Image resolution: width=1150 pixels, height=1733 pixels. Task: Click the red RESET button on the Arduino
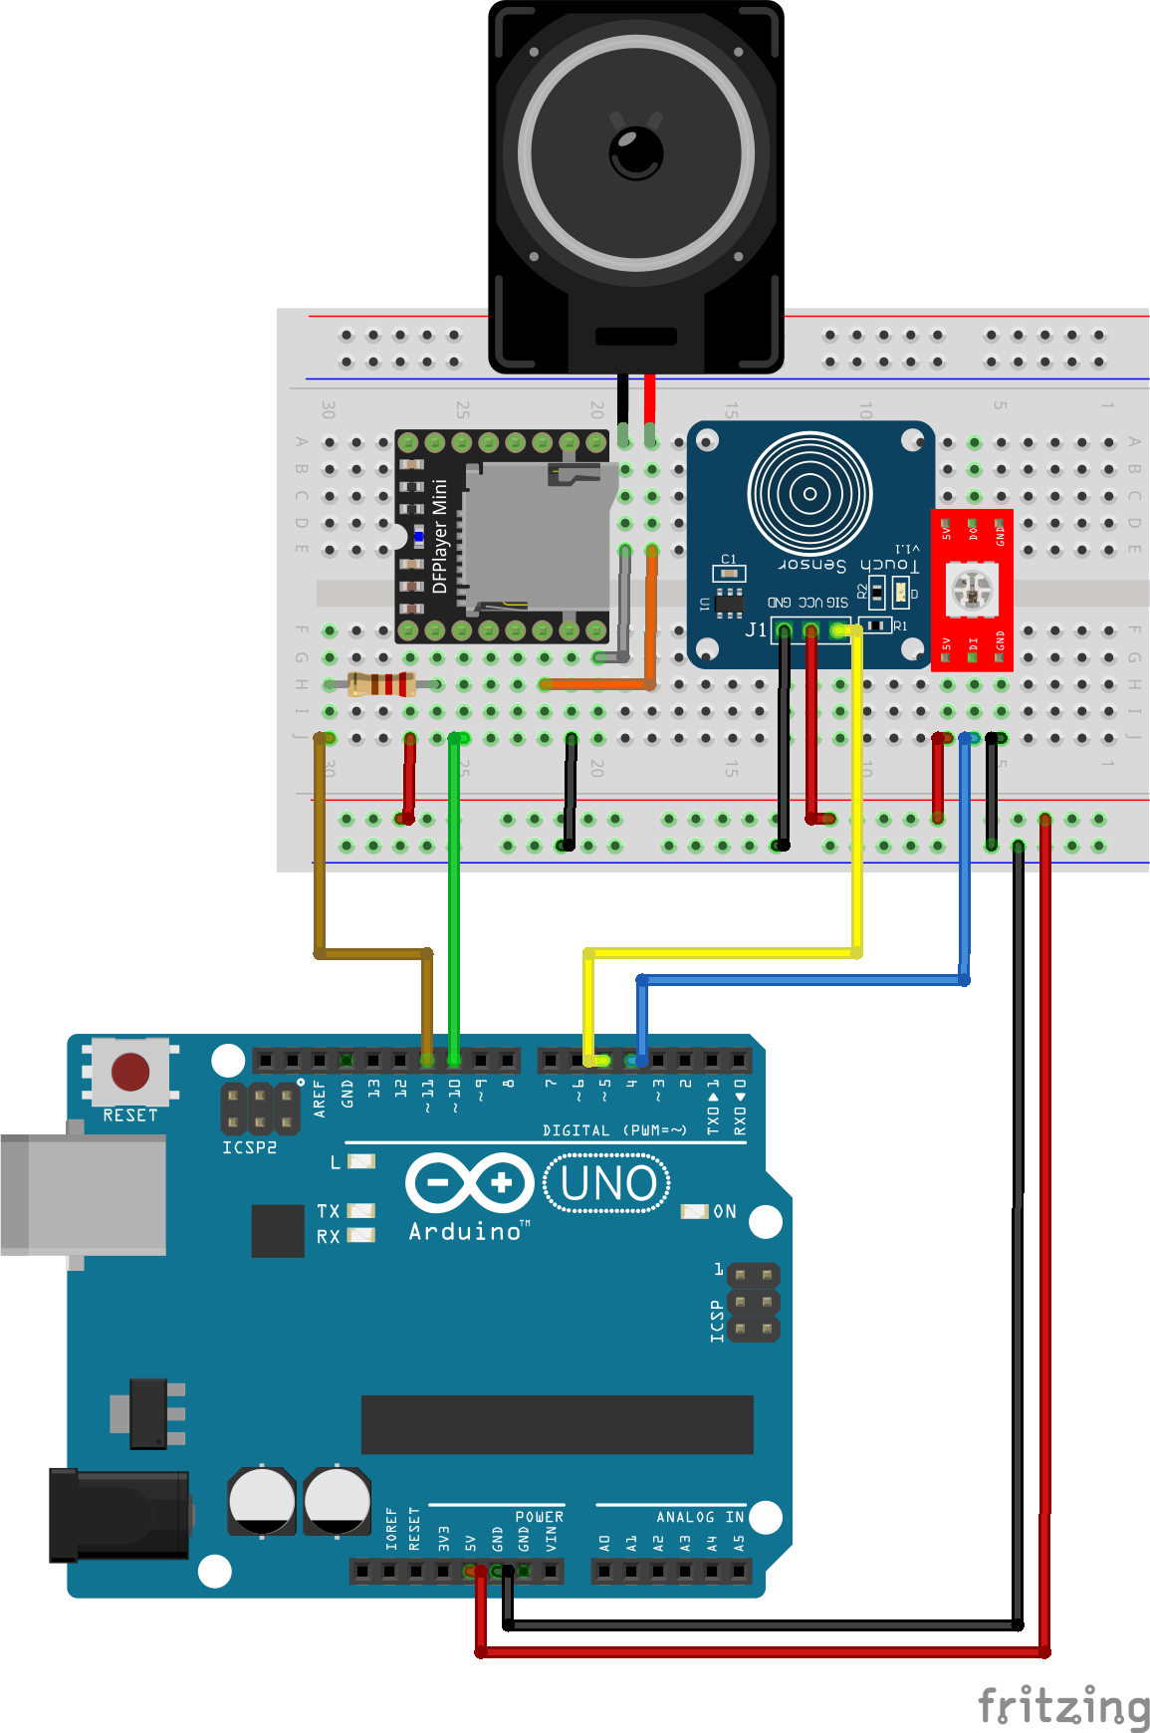point(130,1072)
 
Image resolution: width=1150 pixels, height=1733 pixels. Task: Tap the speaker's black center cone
point(636,152)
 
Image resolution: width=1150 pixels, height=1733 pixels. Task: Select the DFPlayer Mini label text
point(440,536)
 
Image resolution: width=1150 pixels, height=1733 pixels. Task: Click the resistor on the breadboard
point(381,684)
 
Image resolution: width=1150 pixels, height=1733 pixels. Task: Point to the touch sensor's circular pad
point(809,493)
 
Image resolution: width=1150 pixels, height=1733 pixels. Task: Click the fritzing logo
point(1063,1707)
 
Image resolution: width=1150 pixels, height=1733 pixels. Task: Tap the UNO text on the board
point(608,1183)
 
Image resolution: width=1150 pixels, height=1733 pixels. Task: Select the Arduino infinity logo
point(469,1183)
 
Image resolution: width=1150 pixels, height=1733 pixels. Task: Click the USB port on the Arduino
point(84,1195)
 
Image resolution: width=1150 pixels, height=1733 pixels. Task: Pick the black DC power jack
point(119,1514)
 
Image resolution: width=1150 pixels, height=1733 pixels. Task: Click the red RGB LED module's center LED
point(973,590)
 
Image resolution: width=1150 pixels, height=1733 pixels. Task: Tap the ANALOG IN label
point(700,1517)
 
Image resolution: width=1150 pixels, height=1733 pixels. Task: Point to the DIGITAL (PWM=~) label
point(614,1130)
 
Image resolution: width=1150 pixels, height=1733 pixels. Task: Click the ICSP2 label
point(249,1147)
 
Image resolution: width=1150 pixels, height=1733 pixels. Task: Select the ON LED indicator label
point(725,1212)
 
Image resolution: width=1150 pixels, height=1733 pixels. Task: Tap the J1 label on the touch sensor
point(756,629)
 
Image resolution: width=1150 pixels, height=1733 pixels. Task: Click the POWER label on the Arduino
point(539,1517)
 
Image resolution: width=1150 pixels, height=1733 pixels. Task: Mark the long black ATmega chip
point(557,1424)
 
